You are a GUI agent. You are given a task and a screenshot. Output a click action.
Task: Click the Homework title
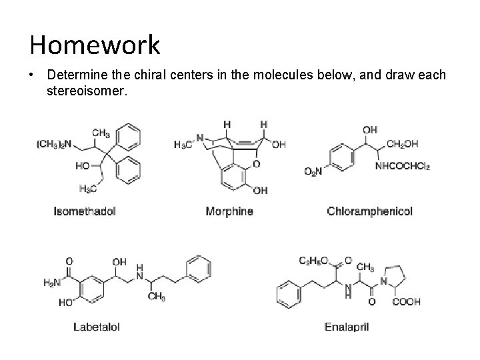tap(95, 45)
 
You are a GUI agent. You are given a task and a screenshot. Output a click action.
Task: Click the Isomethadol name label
tap(85, 211)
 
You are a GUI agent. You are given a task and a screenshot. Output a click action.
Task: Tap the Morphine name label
tap(229, 211)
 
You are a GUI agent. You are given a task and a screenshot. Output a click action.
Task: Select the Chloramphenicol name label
tap(369, 211)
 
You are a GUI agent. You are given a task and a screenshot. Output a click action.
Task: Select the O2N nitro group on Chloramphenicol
tap(313, 173)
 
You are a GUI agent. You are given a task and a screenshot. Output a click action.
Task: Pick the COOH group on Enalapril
tap(407, 301)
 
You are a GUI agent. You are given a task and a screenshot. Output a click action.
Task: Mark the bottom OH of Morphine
tap(260, 191)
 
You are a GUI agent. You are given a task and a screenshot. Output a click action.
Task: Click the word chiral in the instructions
tap(145, 75)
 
